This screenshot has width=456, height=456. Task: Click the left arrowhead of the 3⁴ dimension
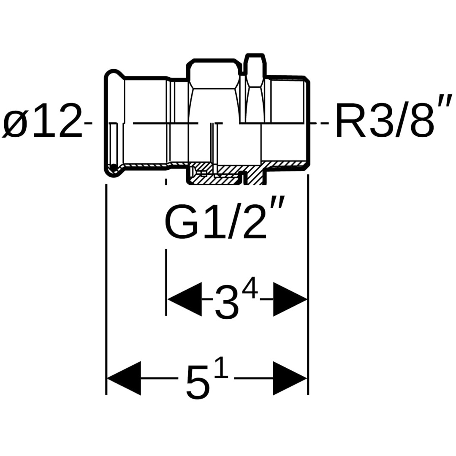tap(185, 299)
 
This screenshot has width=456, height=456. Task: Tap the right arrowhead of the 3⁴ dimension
tap(290, 299)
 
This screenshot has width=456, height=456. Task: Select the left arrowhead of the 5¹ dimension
tap(124, 378)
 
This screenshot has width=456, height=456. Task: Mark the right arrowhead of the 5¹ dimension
tap(290, 378)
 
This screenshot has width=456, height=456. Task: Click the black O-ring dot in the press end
tap(113, 167)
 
